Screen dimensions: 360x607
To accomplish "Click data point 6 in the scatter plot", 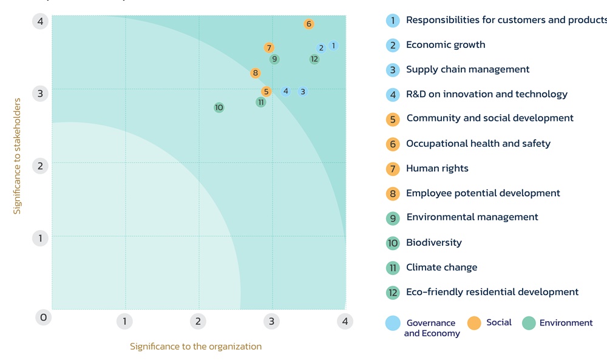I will click(308, 24).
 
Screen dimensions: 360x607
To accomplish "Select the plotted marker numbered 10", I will click(219, 107).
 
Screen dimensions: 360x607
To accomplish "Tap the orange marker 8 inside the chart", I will click(255, 73).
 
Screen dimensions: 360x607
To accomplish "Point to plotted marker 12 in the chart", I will click(314, 59).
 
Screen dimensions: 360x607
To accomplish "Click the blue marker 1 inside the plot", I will click(333, 46).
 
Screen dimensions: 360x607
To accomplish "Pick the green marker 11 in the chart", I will click(260, 102).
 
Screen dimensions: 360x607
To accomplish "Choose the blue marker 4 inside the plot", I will click(285, 91).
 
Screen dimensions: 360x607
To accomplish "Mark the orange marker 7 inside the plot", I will click(269, 47).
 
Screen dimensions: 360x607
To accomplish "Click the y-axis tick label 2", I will click(41, 165).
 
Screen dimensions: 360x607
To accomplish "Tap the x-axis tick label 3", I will click(271, 321).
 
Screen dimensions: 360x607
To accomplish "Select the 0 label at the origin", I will click(43, 318).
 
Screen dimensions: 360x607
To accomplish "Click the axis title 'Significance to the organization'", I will click(195, 347).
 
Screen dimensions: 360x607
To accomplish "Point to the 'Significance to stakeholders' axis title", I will click(17, 157).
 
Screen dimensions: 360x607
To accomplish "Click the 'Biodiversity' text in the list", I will click(433, 242).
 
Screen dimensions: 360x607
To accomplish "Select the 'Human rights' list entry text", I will click(437, 168).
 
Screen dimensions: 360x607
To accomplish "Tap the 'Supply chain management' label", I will click(467, 69).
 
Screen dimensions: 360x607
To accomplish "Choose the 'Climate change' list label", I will click(441, 267).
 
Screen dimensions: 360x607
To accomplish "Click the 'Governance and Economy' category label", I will click(432, 328).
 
